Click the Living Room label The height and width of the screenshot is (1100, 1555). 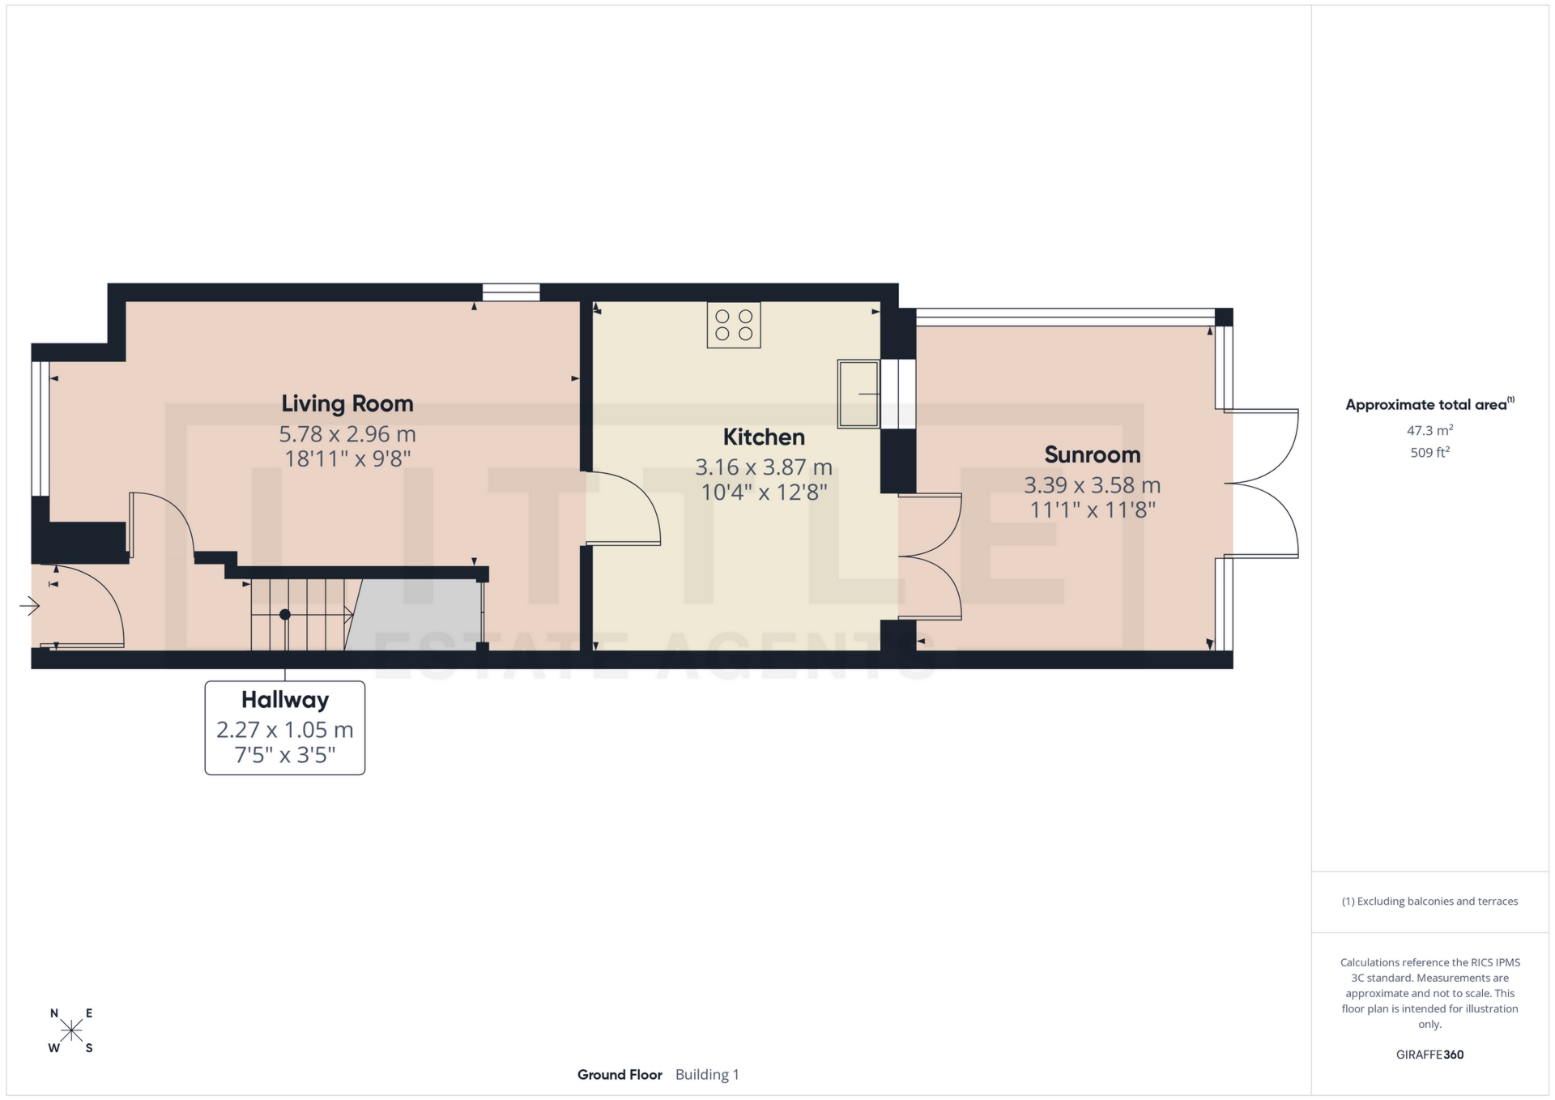pos(347,403)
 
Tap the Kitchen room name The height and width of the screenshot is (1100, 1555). pos(763,437)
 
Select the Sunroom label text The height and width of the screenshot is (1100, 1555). pos(1092,455)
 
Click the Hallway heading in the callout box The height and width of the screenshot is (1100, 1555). pos(284,700)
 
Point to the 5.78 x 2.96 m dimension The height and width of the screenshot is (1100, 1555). pos(347,434)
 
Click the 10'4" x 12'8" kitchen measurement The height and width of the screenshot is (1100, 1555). pos(763,492)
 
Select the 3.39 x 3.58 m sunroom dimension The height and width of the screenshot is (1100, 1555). pos(1092,485)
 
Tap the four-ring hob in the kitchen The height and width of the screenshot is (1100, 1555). pos(733,325)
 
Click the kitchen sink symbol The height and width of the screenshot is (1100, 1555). pos(858,394)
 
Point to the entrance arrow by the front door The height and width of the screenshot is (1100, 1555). pos(30,605)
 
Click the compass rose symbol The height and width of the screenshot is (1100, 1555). pos(71,1030)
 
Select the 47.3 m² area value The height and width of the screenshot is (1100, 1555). pos(1429,430)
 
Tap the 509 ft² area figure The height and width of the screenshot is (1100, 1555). pos(1429,453)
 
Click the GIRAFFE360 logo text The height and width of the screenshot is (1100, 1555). pos(1429,1055)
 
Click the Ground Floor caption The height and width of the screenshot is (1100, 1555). pos(620,1075)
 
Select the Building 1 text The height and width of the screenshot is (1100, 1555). pos(707,1075)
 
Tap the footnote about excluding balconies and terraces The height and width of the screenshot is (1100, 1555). pos(1429,902)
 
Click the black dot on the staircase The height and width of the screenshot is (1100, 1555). pos(284,615)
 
